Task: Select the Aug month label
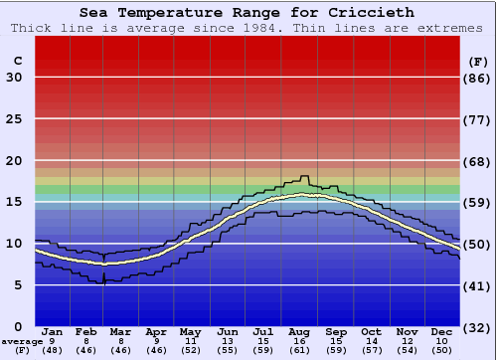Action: coord(299,331)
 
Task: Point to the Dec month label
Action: coord(441,331)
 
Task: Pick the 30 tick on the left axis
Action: coord(15,78)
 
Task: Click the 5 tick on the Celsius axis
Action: coord(19,285)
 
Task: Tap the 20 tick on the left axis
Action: coord(15,161)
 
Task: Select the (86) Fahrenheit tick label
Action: coord(478,78)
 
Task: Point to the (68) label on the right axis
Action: coord(478,161)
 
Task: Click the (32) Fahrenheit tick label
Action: coord(478,327)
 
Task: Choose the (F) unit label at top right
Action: coord(478,61)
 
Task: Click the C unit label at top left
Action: coord(17,61)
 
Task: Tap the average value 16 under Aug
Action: coord(299,341)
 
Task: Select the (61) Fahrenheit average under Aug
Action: coord(299,351)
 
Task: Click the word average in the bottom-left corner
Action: coord(22,341)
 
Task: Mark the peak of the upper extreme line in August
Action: coord(304,177)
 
